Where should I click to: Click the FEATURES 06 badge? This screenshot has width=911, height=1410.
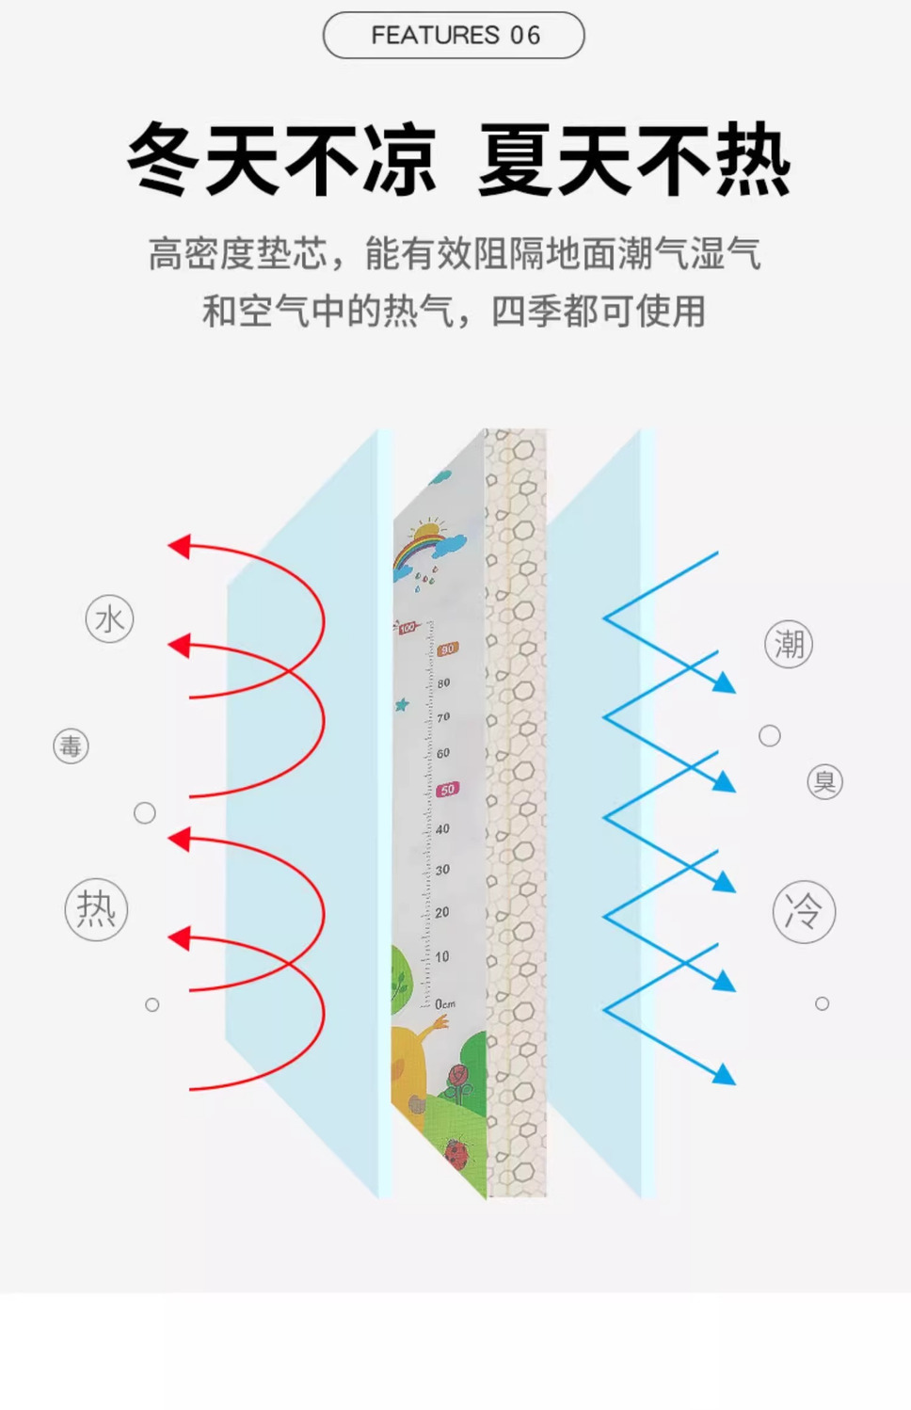(x=454, y=36)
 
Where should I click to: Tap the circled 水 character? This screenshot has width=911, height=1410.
(x=109, y=619)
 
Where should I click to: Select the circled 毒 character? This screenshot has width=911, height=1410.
(x=71, y=747)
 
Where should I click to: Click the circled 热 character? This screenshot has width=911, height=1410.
(x=96, y=910)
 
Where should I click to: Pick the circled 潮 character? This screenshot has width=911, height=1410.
(x=789, y=645)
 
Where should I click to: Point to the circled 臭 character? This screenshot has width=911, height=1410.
(x=824, y=782)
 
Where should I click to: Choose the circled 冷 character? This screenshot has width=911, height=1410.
(x=804, y=912)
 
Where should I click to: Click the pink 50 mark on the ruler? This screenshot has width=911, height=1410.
(x=448, y=790)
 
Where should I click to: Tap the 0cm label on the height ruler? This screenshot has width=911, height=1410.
(x=445, y=1004)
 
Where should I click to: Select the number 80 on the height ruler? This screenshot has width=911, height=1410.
(x=443, y=682)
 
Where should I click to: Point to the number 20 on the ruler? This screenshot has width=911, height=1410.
(x=442, y=912)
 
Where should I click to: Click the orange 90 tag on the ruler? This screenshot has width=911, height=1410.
(x=447, y=649)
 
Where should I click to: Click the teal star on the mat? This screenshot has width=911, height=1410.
(x=403, y=704)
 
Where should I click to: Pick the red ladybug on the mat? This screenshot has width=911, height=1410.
(x=457, y=1153)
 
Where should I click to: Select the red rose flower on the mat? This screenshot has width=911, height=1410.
(x=459, y=1077)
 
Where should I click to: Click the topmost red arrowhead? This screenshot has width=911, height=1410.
(x=179, y=546)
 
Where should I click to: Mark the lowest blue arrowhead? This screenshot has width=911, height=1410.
(x=724, y=1074)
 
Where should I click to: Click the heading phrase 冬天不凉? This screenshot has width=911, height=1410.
(x=281, y=160)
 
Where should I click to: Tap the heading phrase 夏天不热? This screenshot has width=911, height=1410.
(x=634, y=160)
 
